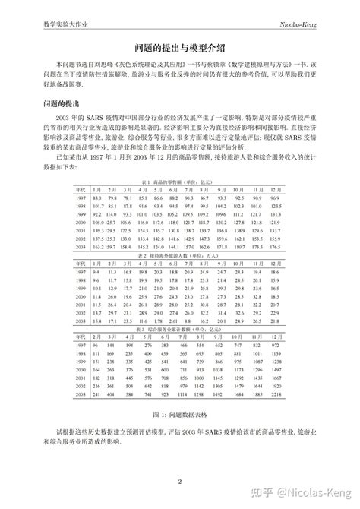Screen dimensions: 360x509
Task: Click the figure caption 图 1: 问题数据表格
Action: pos(179,416)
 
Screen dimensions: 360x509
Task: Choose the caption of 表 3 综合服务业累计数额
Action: pos(179,330)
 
